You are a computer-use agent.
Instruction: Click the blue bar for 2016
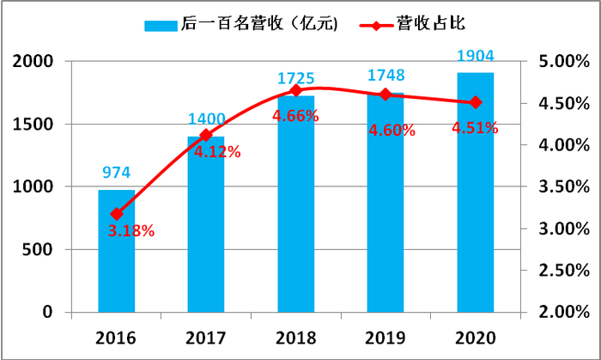(x=117, y=258)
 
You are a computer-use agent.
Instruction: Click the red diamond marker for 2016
(x=117, y=214)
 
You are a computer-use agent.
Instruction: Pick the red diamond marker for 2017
(x=206, y=135)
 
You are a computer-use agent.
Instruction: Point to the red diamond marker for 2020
(x=475, y=102)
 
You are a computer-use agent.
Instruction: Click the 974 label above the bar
(x=117, y=173)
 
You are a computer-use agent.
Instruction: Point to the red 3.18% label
(x=131, y=230)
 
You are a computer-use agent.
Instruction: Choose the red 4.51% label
(x=475, y=128)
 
